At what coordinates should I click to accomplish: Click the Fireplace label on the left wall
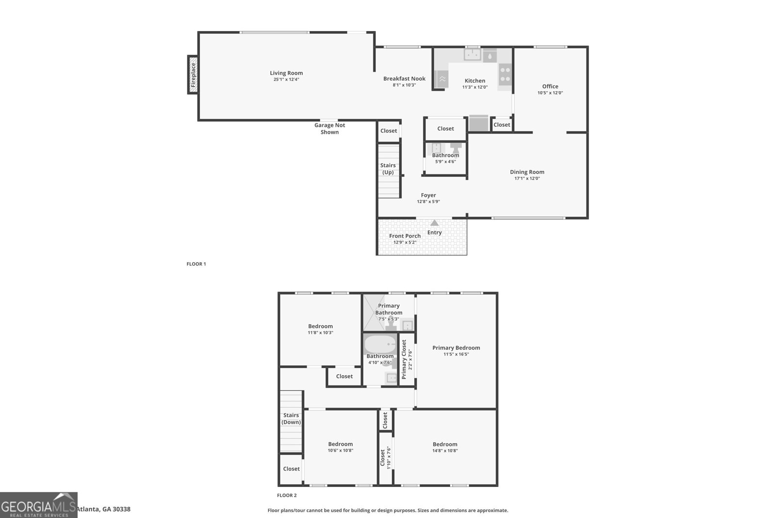[x=193, y=74]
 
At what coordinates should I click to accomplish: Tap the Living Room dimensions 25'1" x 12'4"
[x=286, y=80]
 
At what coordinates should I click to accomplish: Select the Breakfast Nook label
[x=404, y=79]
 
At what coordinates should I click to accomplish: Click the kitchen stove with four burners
[x=505, y=74]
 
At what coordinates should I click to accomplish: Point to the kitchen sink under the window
[x=472, y=55]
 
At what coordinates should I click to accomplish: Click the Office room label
[x=550, y=86]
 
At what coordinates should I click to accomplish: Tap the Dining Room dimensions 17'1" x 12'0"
[x=527, y=178]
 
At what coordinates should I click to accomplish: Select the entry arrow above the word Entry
[x=435, y=223]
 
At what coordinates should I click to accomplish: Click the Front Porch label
[x=404, y=236]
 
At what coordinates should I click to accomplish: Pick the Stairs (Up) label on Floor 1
[x=388, y=169]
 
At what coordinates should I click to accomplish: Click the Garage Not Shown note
[x=330, y=129]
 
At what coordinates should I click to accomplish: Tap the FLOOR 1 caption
[x=196, y=264]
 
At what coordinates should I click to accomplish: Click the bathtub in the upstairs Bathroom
[x=380, y=345]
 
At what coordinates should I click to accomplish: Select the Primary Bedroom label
[x=456, y=348]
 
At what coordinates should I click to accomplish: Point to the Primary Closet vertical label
[x=404, y=359]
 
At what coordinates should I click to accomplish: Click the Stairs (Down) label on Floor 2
[x=291, y=418]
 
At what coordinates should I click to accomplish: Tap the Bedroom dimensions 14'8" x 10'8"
[x=445, y=451]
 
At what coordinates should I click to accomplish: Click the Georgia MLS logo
[x=38, y=505]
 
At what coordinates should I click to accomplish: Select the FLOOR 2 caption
[x=287, y=495]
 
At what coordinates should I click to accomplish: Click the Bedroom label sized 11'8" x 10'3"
[x=320, y=326]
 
